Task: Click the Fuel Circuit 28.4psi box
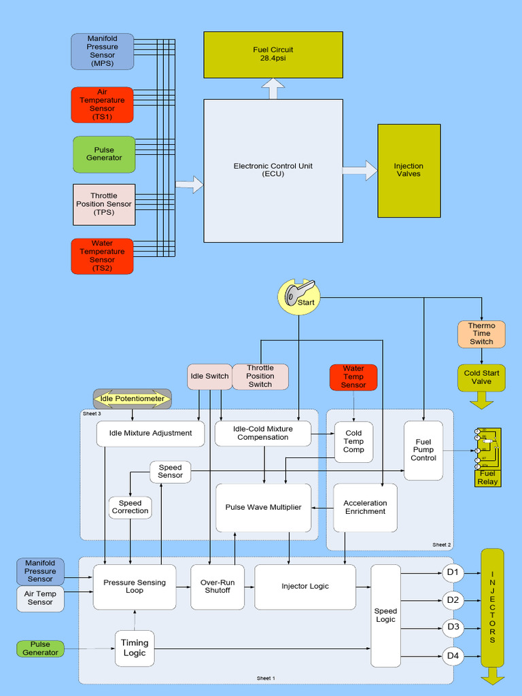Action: click(x=273, y=54)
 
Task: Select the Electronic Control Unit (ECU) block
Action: click(x=273, y=170)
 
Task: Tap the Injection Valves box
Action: click(x=408, y=170)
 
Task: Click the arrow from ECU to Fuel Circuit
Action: click(x=273, y=88)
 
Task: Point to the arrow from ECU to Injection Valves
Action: click(x=360, y=170)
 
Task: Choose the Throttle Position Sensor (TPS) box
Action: click(x=104, y=204)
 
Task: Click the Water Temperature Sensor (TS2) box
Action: click(x=102, y=256)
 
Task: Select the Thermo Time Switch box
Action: click(x=481, y=334)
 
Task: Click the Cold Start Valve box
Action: click(x=481, y=377)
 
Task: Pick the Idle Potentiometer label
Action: click(x=132, y=398)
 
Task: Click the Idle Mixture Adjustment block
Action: click(x=150, y=433)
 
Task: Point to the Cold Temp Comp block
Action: click(x=353, y=442)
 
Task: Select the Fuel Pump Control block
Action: click(x=423, y=450)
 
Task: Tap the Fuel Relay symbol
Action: click(x=487, y=457)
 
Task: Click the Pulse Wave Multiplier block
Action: click(x=264, y=507)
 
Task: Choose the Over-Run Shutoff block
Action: click(x=217, y=586)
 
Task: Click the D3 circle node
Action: click(x=453, y=627)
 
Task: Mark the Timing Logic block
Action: click(x=134, y=648)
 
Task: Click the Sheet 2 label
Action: click(x=442, y=544)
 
